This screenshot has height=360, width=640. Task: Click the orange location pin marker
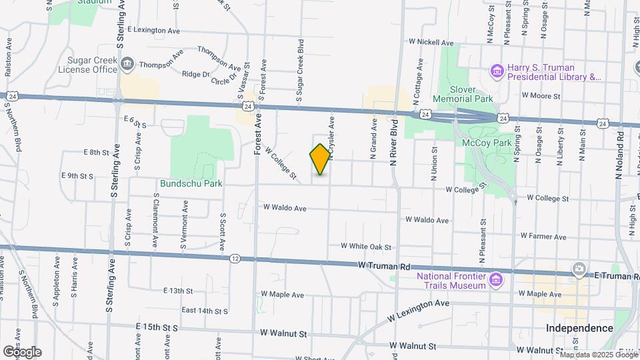320,159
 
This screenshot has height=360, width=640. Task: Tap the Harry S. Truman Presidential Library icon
497,70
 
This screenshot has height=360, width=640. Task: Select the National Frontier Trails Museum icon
495,278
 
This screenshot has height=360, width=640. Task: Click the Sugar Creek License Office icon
127,65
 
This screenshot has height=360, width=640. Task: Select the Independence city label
579,328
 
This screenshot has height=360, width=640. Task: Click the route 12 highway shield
235,257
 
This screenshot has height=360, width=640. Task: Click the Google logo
22,351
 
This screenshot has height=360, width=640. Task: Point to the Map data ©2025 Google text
597,355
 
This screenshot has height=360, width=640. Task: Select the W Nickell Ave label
432,41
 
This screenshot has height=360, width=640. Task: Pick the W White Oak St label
365,247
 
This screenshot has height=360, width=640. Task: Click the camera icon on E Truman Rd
579,270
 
